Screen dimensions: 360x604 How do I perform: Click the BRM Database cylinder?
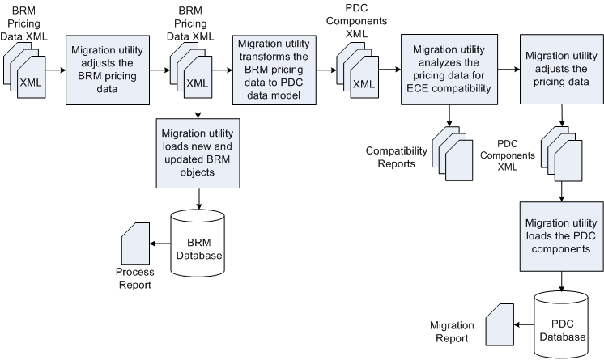(198, 242)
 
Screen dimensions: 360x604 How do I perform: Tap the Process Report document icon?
(133, 242)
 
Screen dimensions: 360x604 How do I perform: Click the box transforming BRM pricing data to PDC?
(272, 70)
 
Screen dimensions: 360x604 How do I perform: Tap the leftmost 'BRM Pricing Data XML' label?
(28, 23)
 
